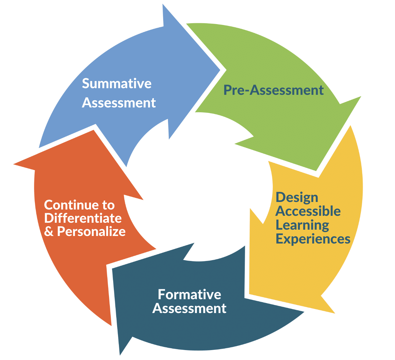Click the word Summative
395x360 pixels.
click(x=117, y=83)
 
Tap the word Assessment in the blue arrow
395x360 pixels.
click(x=119, y=103)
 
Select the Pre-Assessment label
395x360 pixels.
click(x=273, y=90)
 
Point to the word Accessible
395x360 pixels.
click(x=308, y=211)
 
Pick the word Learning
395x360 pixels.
click(x=302, y=225)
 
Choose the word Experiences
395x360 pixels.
click(x=313, y=239)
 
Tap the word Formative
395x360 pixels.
click(x=189, y=294)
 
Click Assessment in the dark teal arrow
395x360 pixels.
click(x=189, y=309)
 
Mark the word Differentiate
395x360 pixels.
click(x=83, y=218)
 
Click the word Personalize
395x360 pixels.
click(x=91, y=232)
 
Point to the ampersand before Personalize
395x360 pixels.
click(x=48, y=232)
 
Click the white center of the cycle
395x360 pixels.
click(x=196, y=187)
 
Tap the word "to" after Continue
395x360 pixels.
click(x=108, y=205)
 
